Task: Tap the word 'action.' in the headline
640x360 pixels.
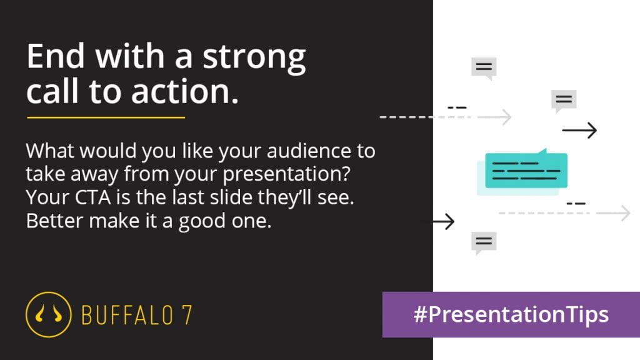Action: [185, 91]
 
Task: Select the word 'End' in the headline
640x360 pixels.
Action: [56, 56]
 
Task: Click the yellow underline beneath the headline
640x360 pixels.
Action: [106, 117]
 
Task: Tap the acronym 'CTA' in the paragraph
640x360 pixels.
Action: [92, 197]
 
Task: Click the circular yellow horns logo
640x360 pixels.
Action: [49, 314]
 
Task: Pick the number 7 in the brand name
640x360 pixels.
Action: [187, 315]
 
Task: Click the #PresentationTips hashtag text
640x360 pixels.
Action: [511, 315]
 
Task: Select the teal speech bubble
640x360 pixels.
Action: [526, 170]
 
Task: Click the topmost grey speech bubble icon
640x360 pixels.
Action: [484, 68]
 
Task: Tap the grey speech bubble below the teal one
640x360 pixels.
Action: [484, 242]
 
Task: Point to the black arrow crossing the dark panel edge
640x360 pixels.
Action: [437, 222]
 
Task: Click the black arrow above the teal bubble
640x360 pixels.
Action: [579, 130]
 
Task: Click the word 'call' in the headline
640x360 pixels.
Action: [52, 91]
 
